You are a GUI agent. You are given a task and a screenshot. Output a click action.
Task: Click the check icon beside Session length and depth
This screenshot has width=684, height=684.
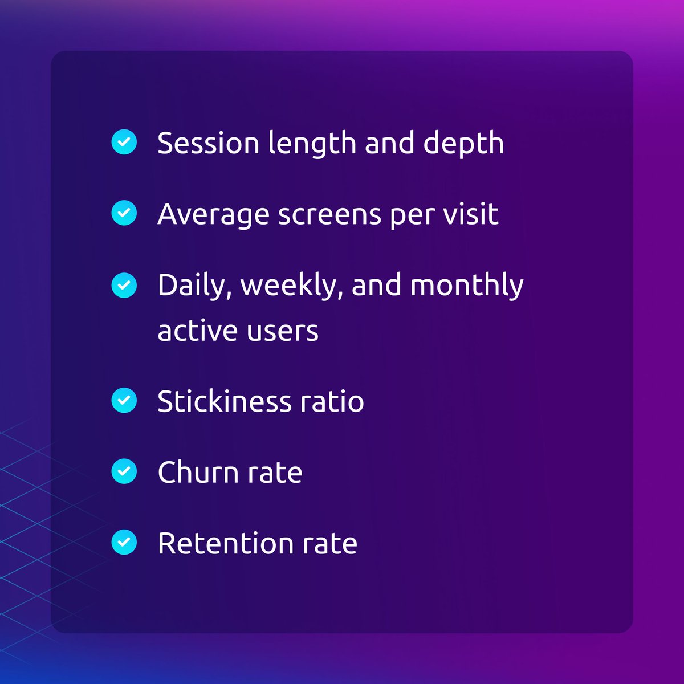(x=124, y=142)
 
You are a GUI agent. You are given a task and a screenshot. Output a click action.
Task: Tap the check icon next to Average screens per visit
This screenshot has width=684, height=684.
(x=124, y=213)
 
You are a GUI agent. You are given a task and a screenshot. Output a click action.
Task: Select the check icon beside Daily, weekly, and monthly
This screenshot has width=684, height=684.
(x=124, y=285)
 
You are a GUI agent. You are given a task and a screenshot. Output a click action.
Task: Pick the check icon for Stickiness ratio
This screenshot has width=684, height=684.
(x=124, y=401)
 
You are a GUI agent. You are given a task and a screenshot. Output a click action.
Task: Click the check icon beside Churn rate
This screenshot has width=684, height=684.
(x=124, y=472)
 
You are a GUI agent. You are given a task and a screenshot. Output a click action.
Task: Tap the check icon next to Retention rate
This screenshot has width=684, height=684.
(x=124, y=543)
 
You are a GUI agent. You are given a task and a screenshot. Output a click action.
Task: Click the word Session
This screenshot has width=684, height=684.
(x=208, y=142)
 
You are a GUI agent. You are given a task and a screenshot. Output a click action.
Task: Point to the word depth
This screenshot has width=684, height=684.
(x=463, y=144)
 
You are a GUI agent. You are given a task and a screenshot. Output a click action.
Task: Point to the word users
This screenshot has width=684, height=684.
(x=286, y=331)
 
